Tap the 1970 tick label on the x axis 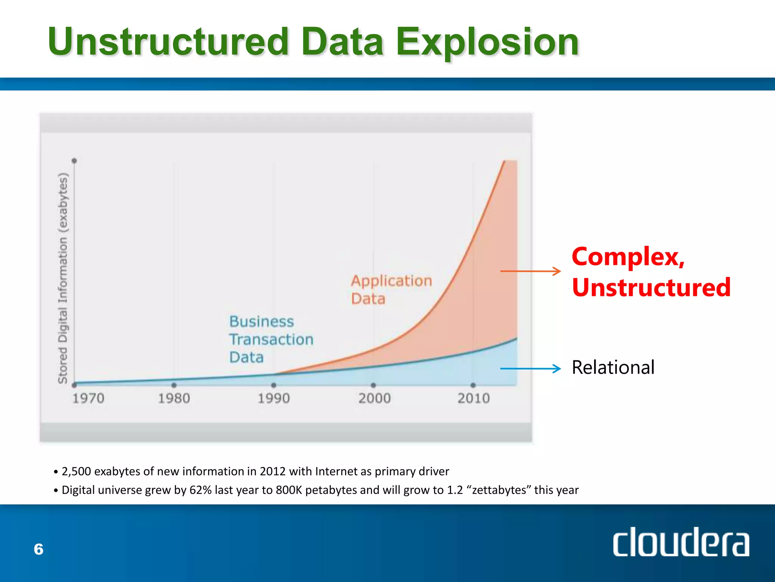(x=88, y=398)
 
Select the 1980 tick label (x=174, y=398)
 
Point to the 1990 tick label (x=274, y=398)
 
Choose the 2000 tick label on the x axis (x=374, y=398)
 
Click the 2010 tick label (x=473, y=398)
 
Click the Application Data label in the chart (x=391, y=289)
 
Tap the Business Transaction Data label (x=271, y=339)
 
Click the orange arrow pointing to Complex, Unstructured (x=530, y=271)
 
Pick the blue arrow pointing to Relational (x=530, y=368)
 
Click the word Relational (x=613, y=367)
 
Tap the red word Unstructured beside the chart (x=651, y=287)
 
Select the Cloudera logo (x=680, y=542)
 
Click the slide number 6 (x=39, y=549)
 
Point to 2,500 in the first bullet (x=76, y=471)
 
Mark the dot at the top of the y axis (x=74, y=161)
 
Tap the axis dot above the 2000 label (x=373, y=385)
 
